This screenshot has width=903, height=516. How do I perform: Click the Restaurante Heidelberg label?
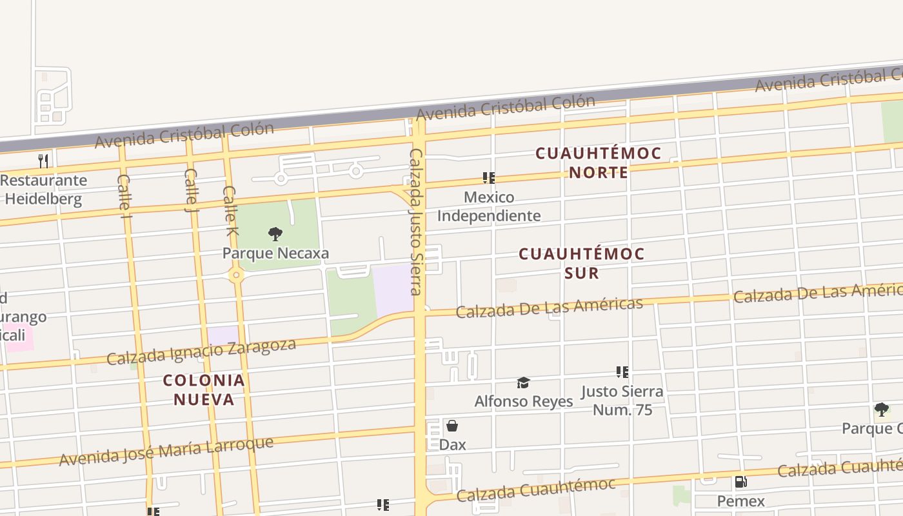click(x=44, y=190)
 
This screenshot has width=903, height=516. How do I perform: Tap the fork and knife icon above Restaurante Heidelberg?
click(x=43, y=161)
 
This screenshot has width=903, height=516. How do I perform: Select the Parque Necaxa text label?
click(x=275, y=253)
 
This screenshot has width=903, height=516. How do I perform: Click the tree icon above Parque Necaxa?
click(x=275, y=233)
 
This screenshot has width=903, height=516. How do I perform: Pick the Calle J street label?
click(x=191, y=190)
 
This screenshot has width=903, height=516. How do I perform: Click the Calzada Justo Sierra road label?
click(x=417, y=221)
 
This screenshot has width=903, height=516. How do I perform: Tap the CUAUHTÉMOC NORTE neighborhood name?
click(x=599, y=163)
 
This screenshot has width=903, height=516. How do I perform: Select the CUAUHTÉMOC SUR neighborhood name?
click(x=582, y=263)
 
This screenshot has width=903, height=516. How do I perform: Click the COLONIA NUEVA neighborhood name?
click(x=204, y=390)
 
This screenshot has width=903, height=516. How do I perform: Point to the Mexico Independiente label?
click(x=489, y=206)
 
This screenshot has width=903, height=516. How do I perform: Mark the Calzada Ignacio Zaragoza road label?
click(x=201, y=351)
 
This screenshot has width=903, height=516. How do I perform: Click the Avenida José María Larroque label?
click(x=166, y=451)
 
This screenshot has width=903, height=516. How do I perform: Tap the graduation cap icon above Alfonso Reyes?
click(x=523, y=383)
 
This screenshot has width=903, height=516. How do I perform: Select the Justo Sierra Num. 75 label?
click(x=622, y=401)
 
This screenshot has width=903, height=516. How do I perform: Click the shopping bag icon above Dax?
click(x=452, y=426)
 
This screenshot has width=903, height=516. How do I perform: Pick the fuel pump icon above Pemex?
click(x=740, y=482)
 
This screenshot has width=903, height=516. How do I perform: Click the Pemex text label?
click(x=740, y=501)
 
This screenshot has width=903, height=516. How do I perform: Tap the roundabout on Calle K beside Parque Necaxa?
click(x=236, y=275)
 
